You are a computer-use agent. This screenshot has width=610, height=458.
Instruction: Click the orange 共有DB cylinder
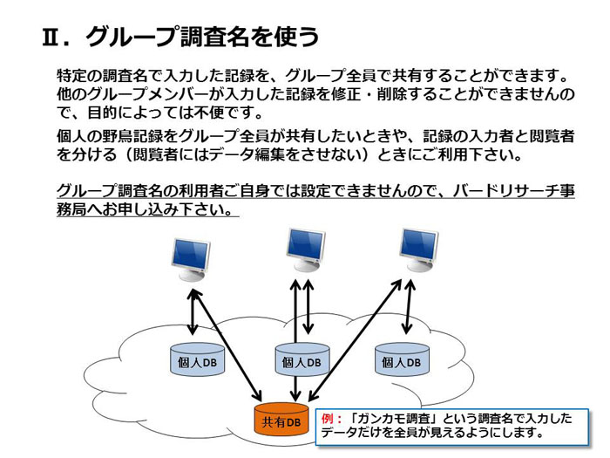pos(281,420)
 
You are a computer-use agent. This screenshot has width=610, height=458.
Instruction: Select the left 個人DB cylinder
pos(197,359)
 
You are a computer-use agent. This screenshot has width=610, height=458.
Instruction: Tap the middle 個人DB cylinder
pos(302,359)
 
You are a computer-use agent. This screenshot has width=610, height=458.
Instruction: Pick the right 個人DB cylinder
pos(402,359)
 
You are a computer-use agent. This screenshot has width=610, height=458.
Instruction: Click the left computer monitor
pos(191,259)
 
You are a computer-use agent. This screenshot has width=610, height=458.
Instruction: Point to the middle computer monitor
pos(306,250)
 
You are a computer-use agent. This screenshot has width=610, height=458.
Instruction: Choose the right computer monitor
pos(418,250)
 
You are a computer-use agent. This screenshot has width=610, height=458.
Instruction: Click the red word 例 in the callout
pos(327,419)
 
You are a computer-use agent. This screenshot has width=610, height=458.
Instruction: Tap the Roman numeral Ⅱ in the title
pos(51,37)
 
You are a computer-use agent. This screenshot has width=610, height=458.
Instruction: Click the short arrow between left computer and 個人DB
pos(193,312)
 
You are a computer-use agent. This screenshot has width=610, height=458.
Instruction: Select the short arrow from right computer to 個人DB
pos(409,307)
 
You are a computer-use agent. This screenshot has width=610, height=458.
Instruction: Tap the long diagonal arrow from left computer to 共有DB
pos(226,345)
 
